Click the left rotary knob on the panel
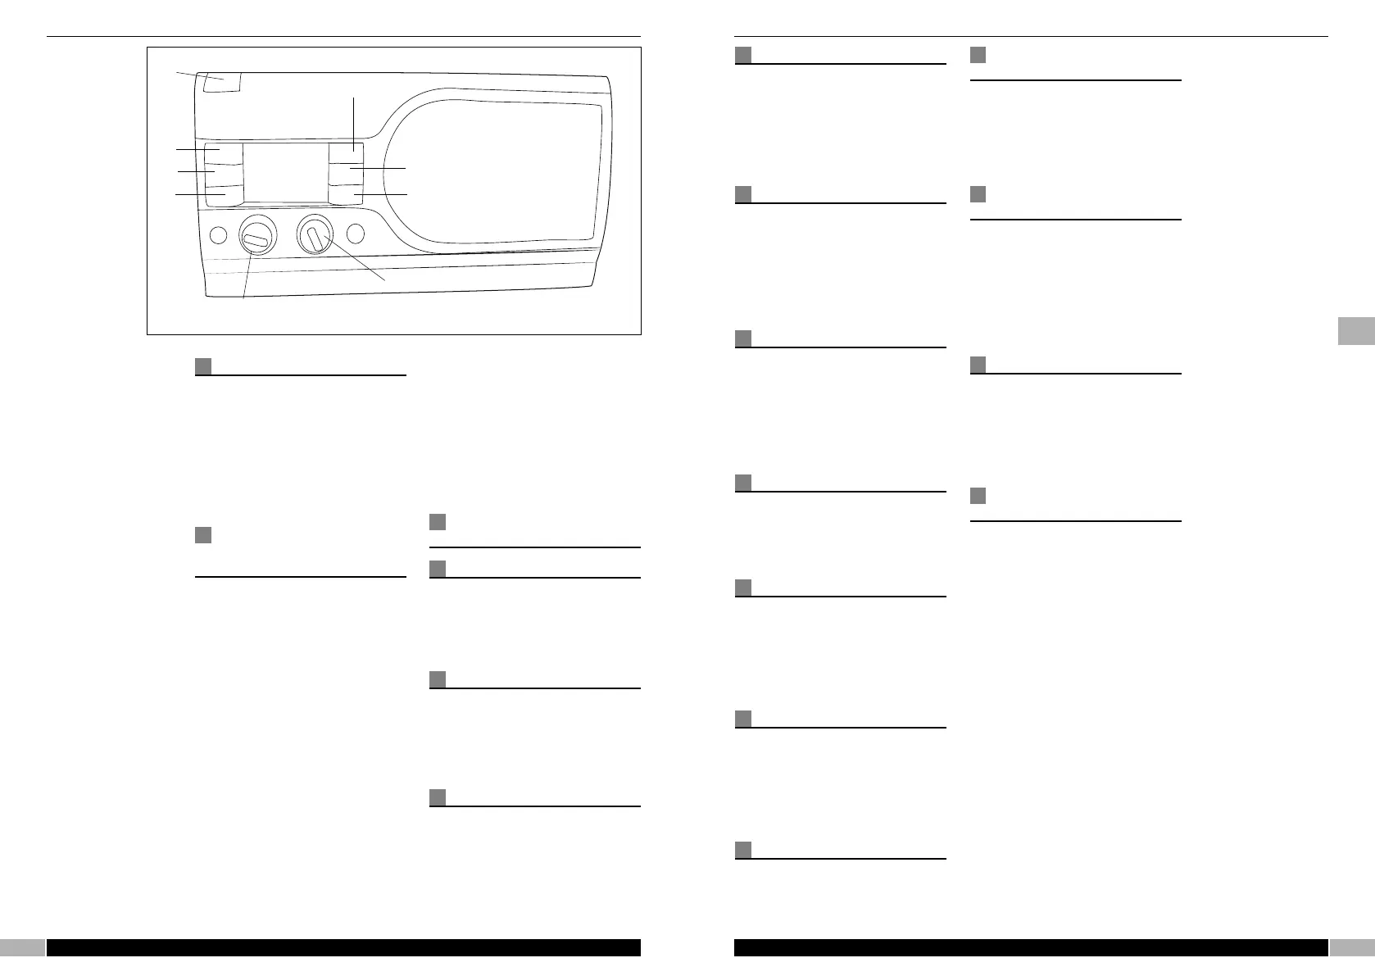coord(256,237)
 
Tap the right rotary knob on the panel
coord(315,236)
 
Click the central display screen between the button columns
coord(286,173)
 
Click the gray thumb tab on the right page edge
coord(1356,330)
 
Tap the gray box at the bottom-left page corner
coord(22,947)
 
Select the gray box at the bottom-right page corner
coord(1352,947)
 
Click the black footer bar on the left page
coord(343,947)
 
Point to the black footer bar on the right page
coord(1031,947)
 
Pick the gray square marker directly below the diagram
coord(204,366)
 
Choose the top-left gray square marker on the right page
coord(743,55)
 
